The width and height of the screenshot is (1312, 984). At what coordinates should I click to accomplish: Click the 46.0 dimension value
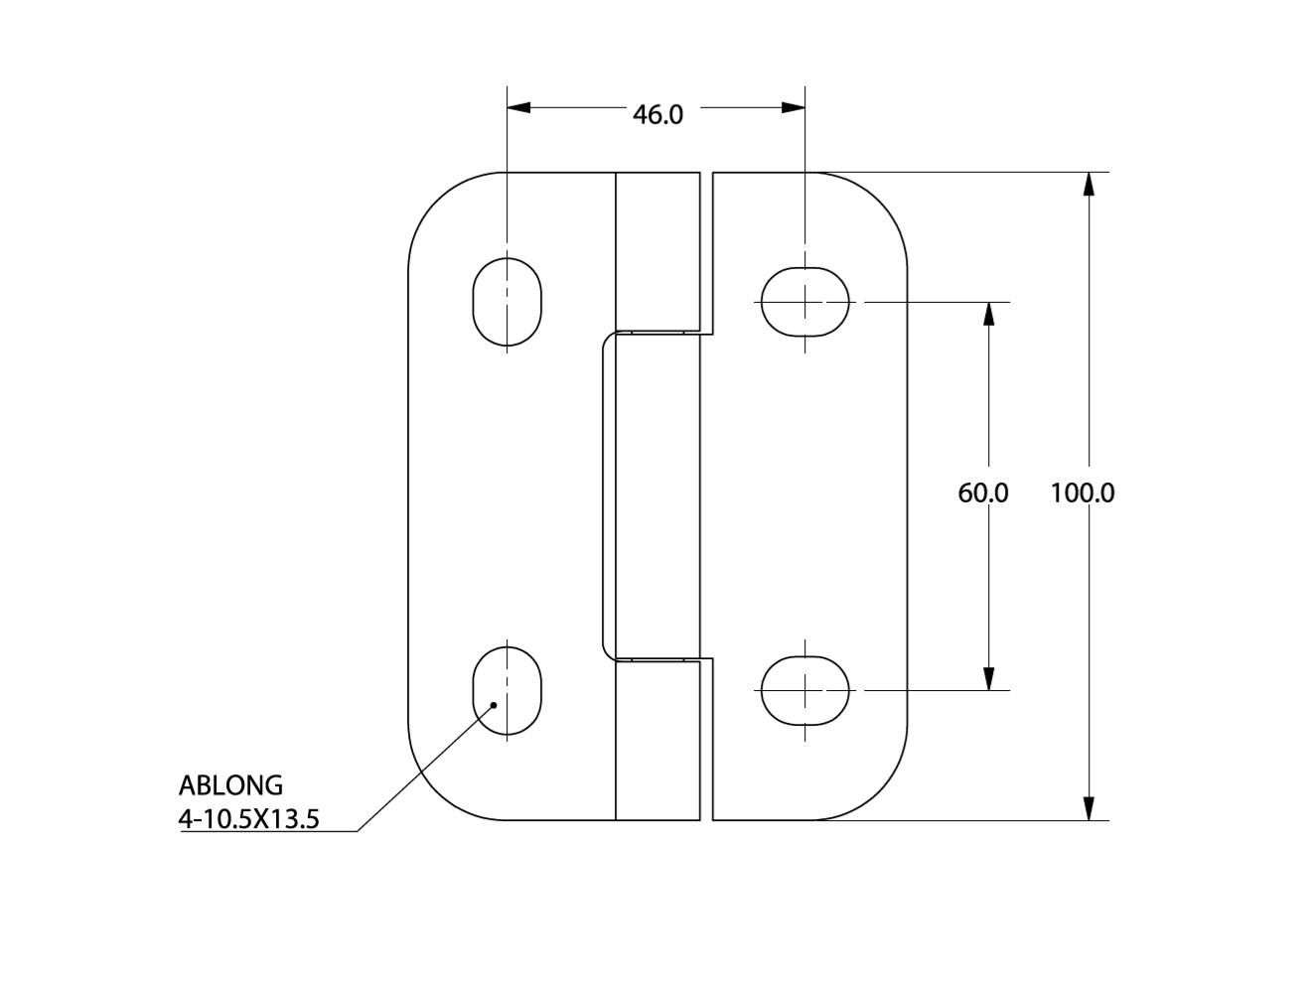657,114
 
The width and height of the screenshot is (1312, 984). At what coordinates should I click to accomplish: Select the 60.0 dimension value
982,492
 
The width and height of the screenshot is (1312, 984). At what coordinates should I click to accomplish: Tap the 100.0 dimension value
1083,492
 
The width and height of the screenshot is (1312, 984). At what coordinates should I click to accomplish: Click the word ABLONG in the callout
230,785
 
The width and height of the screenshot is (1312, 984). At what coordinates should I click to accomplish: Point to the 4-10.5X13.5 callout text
249,818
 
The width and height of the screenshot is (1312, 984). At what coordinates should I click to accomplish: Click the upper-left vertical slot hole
507,302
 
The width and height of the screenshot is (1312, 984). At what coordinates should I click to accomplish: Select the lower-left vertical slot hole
507,690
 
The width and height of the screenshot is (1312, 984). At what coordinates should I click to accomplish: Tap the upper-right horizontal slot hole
804,302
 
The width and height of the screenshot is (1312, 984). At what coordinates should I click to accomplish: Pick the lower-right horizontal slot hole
804,690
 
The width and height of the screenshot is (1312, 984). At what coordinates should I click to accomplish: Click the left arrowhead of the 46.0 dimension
518,107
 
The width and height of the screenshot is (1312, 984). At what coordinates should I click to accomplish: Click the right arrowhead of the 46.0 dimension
794,107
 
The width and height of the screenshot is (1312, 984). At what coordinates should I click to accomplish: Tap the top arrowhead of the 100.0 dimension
1090,184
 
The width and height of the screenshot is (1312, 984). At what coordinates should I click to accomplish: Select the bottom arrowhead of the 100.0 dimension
1090,808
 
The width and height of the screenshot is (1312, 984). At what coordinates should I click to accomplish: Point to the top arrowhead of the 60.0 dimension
988,314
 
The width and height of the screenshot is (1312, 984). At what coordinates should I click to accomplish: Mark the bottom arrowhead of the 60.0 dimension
988,679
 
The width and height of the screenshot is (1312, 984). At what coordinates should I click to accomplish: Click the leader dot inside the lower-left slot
494,705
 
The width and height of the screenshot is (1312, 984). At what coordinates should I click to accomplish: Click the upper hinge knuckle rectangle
657,251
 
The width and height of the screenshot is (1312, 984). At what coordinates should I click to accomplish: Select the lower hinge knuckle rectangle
657,741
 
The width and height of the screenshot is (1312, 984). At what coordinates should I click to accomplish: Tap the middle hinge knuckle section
657,495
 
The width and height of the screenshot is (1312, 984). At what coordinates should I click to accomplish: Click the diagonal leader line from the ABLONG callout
425,768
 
